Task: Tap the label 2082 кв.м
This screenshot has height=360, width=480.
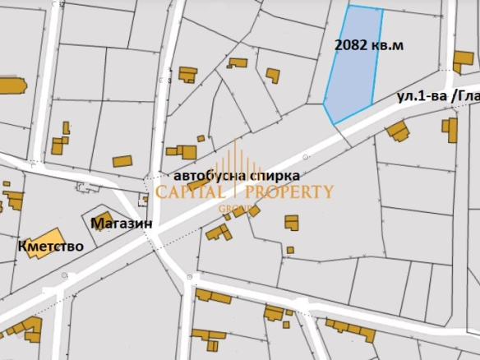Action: click(369, 45)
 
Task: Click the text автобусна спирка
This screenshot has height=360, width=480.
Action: click(237, 176)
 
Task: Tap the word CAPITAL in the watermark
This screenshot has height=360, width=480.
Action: click(190, 192)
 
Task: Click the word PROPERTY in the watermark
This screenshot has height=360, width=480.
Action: click(291, 192)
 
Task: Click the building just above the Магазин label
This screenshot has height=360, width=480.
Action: click(104, 219)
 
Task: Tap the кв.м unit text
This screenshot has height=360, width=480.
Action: click(387, 45)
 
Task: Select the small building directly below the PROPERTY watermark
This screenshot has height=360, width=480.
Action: click(292, 222)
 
